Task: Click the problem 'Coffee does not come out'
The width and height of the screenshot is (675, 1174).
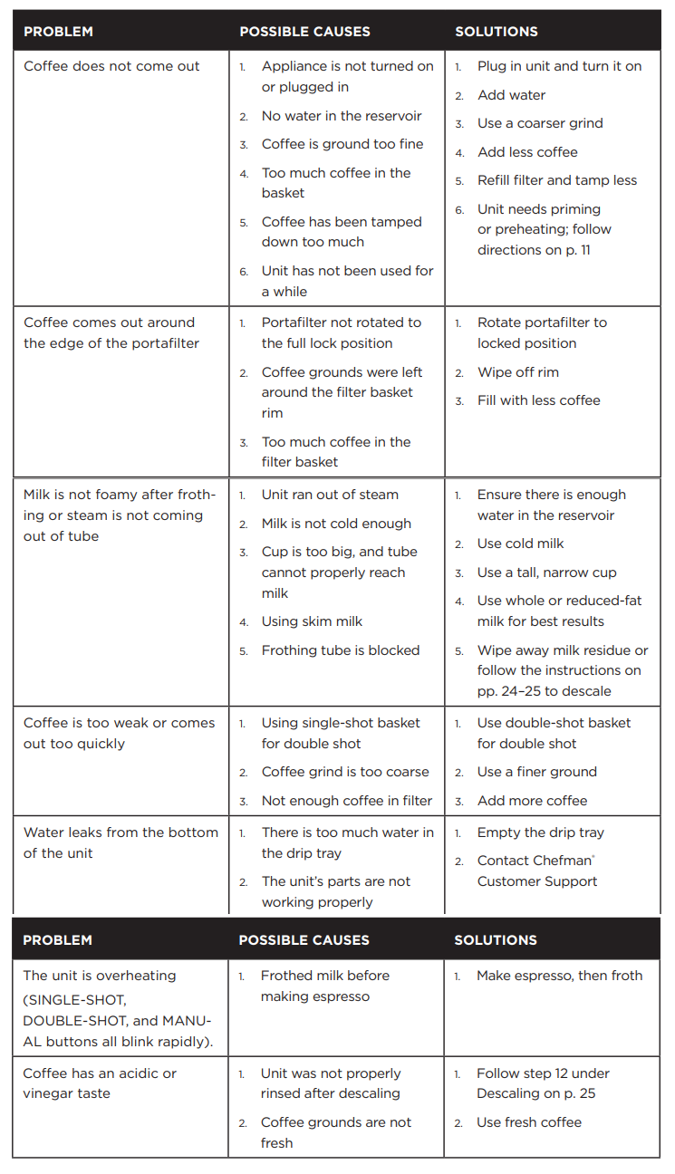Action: point(111,66)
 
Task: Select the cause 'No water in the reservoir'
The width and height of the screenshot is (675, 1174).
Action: point(342,116)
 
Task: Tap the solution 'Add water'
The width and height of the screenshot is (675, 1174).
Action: point(511,95)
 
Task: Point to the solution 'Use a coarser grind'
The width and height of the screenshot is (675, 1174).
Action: point(540,123)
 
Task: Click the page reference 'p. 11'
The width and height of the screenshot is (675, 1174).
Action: point(577,250)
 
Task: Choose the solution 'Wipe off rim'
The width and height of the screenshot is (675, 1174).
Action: point(518,372)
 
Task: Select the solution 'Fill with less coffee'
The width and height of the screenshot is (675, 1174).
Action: point(538,400)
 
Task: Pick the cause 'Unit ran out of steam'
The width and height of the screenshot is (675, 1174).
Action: point(330,495)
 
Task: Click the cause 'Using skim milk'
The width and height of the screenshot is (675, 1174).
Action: point(312,621)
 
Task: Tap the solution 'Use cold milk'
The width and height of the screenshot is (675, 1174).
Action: point(520,544)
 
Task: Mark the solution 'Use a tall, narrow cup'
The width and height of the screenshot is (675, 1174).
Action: point(546,573)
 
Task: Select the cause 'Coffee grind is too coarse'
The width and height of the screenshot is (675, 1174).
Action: point(345,772)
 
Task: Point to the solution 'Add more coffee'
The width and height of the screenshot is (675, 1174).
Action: point(532,801)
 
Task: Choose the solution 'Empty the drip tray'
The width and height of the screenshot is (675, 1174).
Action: point(540,832)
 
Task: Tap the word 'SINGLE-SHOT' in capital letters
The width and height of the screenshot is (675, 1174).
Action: point(75,999)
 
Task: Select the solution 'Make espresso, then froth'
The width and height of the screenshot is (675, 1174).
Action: point(559,976)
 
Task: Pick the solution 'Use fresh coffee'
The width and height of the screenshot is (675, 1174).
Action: point(529,1122)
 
